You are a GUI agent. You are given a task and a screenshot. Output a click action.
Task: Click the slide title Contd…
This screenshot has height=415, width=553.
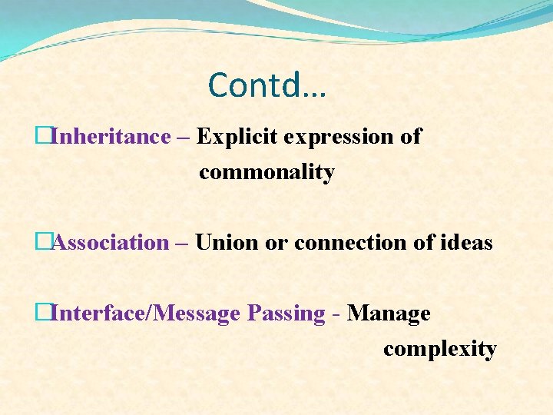267,85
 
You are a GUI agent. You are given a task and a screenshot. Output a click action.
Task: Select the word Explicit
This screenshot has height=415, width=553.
237,137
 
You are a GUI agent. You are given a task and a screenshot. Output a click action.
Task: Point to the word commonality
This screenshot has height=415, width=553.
267,173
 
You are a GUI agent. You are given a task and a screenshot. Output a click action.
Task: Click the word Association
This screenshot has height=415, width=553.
111,243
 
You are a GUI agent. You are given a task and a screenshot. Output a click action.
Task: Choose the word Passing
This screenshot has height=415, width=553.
286,314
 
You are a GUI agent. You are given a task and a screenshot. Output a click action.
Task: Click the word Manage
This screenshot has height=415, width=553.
389,314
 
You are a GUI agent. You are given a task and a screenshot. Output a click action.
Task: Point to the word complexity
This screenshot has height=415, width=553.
439,350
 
